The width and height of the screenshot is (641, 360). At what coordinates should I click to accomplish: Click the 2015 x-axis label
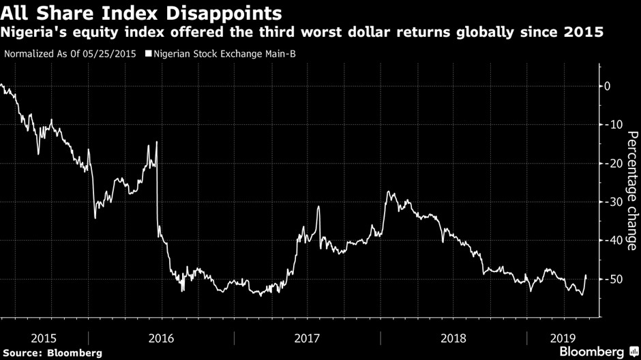click(x=44, y=337)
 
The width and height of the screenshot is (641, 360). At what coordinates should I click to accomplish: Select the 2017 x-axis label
click(x=307, y=337)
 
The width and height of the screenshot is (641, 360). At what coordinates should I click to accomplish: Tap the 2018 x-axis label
click(x=453, y=337)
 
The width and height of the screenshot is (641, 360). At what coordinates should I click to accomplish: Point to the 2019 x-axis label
click(x=563, y=337)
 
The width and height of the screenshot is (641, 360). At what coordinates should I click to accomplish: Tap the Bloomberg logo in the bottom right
click(x=591, y=352)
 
